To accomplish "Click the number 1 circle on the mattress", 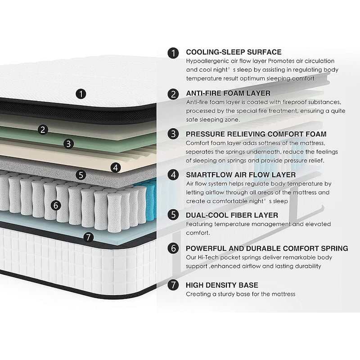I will point(81,94).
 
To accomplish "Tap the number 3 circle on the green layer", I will point(68,144).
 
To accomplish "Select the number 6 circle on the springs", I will point(56,205).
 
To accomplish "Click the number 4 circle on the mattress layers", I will point(116,167).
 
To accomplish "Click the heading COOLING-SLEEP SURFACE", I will point(234,52).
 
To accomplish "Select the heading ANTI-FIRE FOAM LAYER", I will point(228,93).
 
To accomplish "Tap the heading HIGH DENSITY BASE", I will point(222,285).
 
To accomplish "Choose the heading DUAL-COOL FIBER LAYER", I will point(232,215).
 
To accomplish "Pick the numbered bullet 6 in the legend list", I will point(173,248).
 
